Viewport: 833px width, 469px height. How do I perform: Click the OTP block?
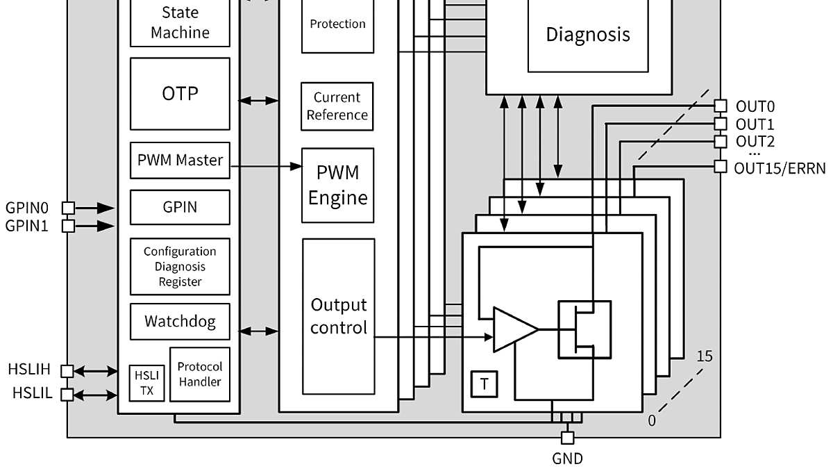(x=180, y=93)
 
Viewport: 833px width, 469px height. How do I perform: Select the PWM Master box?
(x=180, y=161)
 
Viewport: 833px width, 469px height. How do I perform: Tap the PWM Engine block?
(x=337, y=185)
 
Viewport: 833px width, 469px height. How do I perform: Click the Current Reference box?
(x=337, y=106)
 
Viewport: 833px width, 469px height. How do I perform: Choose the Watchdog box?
(x=180, y=322)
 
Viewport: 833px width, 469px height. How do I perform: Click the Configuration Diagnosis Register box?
(x=180, y=267)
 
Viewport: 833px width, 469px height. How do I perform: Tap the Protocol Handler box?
(x=200, y=374)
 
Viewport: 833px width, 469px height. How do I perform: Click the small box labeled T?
(x=484, y=384)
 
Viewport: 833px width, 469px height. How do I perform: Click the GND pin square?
(x=567, y=438)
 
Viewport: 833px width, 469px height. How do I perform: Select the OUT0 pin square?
(x=721, y=106)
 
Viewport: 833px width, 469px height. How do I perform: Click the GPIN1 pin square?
(x=68, y=226)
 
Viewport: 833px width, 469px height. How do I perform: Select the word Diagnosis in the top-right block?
(x=588, y=34)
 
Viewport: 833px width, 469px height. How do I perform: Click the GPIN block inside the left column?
(x=180, y=207)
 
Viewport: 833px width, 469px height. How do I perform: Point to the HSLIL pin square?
(x=68, y=395)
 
